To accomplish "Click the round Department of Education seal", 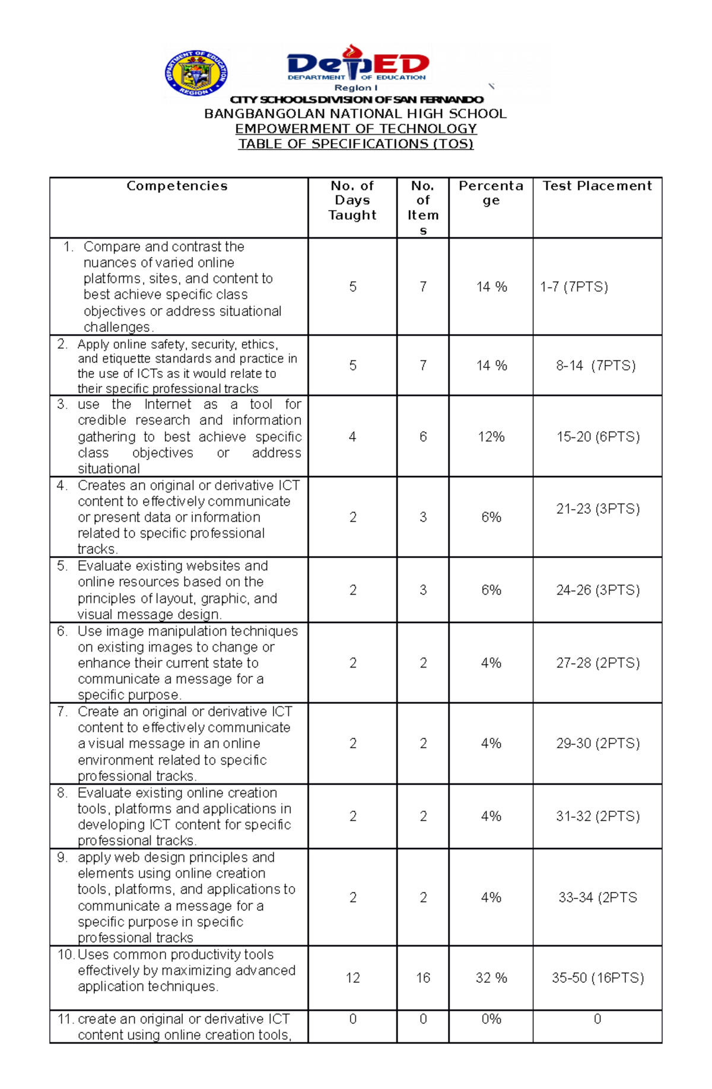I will [x=196, y=74].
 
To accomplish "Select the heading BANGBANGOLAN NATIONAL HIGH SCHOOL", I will [x=355, y=114].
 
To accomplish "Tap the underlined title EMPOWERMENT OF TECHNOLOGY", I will [x=355, y=129].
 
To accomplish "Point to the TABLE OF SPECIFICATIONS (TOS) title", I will [x=355, y=144].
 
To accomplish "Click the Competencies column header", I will [x=177, y=186].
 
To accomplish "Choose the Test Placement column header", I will [x=597, y=186].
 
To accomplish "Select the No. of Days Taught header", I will [x=352, y=201].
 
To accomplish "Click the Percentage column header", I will [x=491, y=193].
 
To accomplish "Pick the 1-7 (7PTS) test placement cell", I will [x=574, y=287].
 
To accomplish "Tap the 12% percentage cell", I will [x=491, y=437].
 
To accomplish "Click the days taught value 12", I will [x=352, y=977].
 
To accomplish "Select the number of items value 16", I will [x=423, y=977].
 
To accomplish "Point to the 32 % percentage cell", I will [x=491, y=977].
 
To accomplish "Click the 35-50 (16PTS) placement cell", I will [x=597, y=977].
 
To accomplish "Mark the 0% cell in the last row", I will [x=491, y=1019].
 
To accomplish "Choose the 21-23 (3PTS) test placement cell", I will [x=597, y=509].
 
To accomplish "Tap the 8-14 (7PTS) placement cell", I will [x=596, y=366].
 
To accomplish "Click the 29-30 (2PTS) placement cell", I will [x=597, y=743].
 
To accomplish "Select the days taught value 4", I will [x=352, y=437].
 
